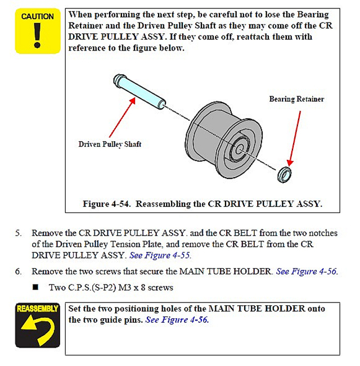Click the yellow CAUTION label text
[37, 16]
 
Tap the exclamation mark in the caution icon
[37, 35]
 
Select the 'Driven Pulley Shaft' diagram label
[110, 144]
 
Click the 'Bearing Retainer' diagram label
[296, 99]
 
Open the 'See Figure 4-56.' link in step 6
[307, 271]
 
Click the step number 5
[19, 233]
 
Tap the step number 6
[19, 271]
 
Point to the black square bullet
[35, 287]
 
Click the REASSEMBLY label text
[37, 309]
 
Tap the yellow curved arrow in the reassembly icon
[37, 332]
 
